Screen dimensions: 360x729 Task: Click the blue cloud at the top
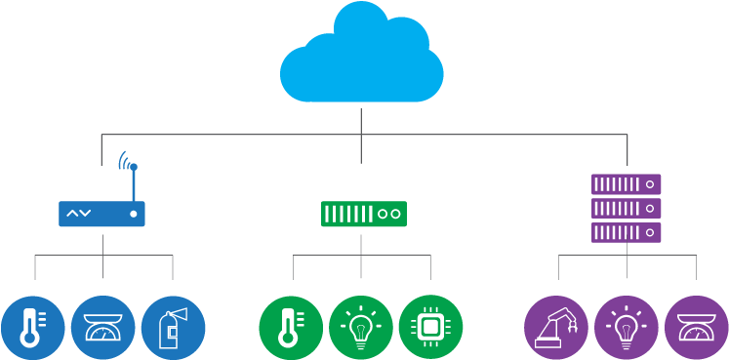[362, 59]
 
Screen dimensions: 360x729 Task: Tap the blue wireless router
[101, 214]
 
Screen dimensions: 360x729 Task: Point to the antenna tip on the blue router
[133, 167]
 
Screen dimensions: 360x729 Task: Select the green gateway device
[363, 213]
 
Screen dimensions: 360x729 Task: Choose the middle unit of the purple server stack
[627, 209]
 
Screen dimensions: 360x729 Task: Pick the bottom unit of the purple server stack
[627, 232]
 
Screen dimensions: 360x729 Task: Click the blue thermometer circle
[32, 327]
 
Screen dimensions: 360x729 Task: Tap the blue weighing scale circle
[102, 327]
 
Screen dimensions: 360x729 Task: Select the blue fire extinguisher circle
[173, 327]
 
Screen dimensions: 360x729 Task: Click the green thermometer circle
[290, 327]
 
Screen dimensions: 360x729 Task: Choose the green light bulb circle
[360, 327]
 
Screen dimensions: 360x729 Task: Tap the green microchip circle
[429, 327]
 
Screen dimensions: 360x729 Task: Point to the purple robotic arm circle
[555, 327]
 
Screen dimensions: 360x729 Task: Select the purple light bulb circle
[626, 327]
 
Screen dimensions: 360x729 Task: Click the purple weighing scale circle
[696, 327]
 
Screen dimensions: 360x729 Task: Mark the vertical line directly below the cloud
[362, 122]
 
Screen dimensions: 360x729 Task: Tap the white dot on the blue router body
[133, 214]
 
